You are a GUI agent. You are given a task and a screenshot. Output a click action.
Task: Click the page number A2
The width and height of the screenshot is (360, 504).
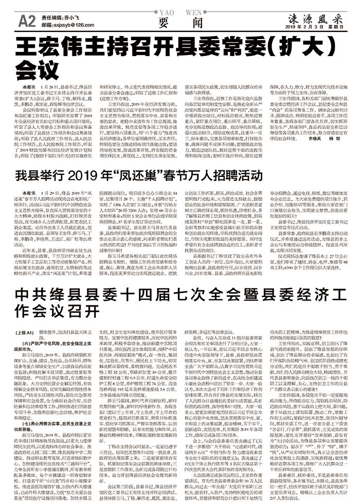(x=26, y=20)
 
